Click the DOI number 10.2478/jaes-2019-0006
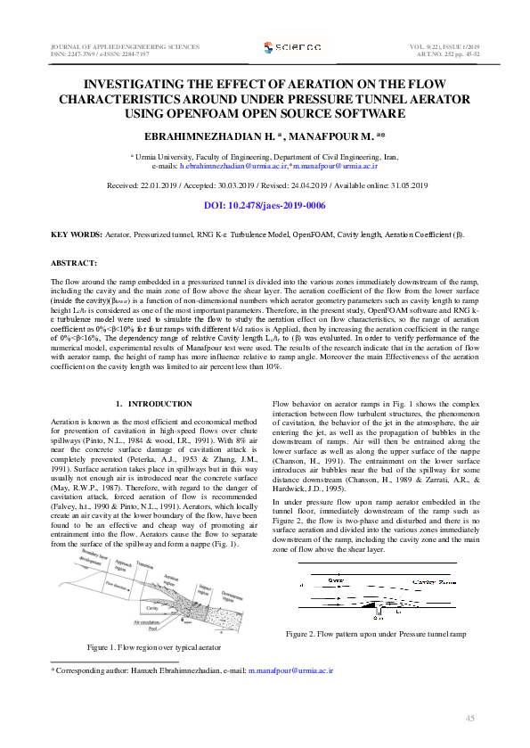click(x=276, y=206)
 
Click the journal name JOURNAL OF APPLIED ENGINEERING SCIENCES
click(x=116, y=45)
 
